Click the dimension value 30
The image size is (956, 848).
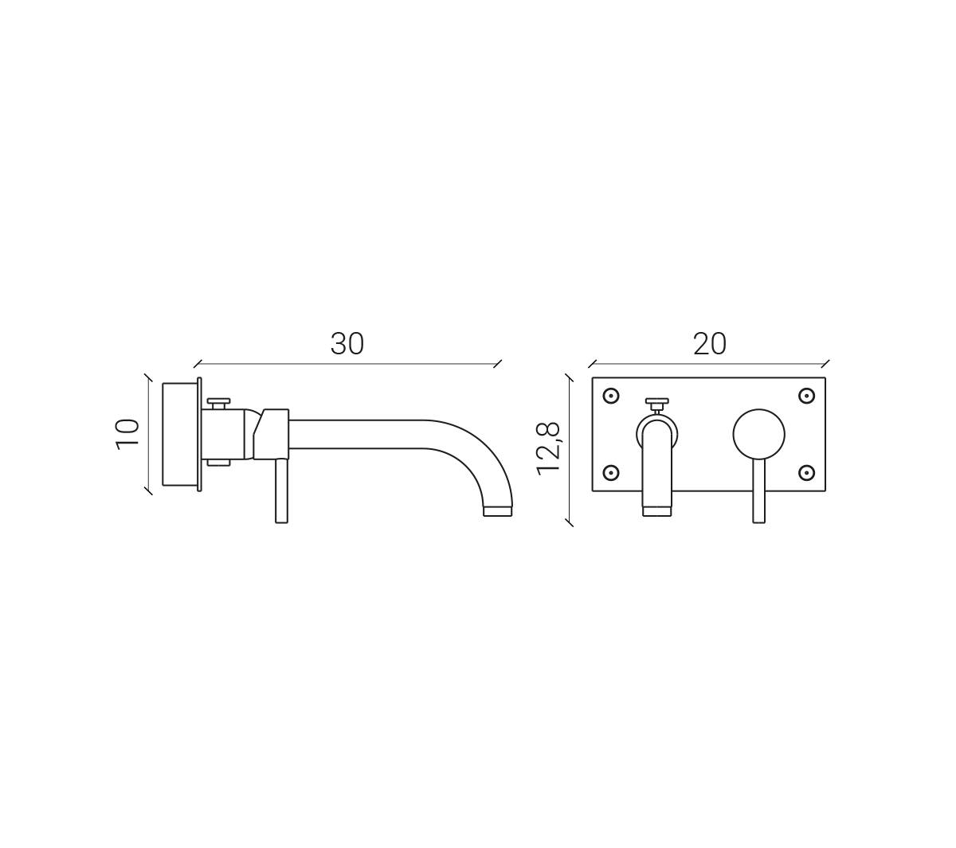[x=347, y=344]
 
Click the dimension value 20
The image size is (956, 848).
[x=710, y=344]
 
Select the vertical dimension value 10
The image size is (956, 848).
[x=127, y=435]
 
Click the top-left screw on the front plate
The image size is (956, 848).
[x=611, y=396]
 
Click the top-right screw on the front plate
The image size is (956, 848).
[x=806, y=396]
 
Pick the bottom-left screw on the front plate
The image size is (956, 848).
[x=611, y=472]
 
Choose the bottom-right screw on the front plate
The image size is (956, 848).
[x=806, y=472]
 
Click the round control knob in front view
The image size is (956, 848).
[x=758, y=435]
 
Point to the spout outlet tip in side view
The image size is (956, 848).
[x=498, y=511]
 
